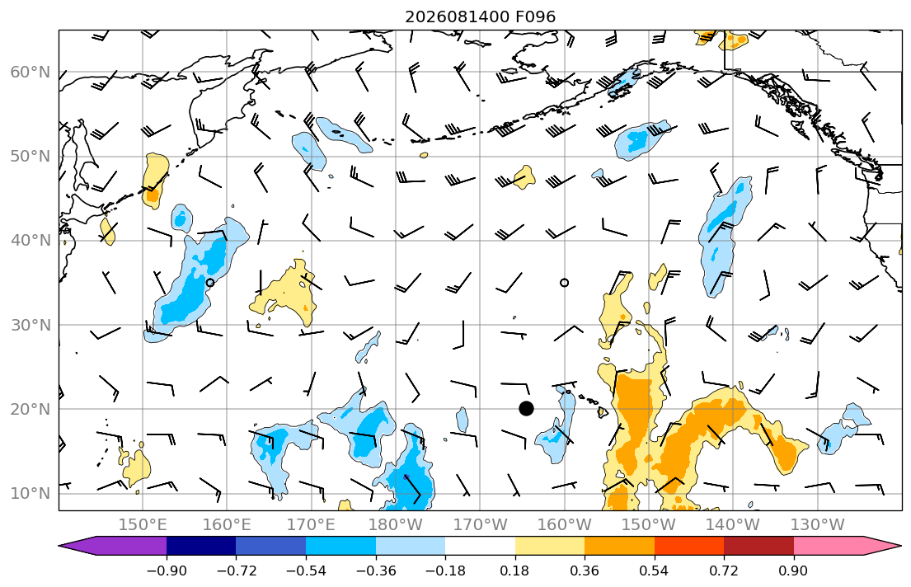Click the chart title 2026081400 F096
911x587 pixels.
pyautogui.click(x=480, y=16)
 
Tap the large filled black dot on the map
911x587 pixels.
pyautogui.click(x=526, y=409)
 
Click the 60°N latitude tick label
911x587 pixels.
pyautogui.click(x=31, y=72)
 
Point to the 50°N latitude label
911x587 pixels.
pyautogui.click(x=31, y=157)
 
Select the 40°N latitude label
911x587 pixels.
pyautogui.click(x=31, y=240)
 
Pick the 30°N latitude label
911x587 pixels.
pyautogui.click(x=31, y=325)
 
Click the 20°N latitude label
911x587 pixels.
pyautogui.click(x=31, y=409)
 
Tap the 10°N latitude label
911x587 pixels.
pyautogui.click(x=31, y=494)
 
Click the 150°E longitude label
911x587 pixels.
pyautogui.click(x=143, y=525)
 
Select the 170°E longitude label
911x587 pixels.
pyautogui.click(x=311, y=525)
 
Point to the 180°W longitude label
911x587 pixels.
pyautogui.click(x=396, y=525)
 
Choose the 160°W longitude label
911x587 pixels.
pyautogui.click(x=564, y=525)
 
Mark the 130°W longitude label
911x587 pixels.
pyautogui.click(x=818, y=525)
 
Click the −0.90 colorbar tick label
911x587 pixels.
pyautogui.click(x=167, y=571)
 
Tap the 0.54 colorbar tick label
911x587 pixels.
pyautogui.click(x=655, y=571)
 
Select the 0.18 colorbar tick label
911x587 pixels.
pyautogui.click(x=514, y=571)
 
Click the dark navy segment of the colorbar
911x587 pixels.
pyautogui.click(x=201, y=546)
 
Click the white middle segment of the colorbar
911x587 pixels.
pyautogui.click(x=480, y=546)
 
